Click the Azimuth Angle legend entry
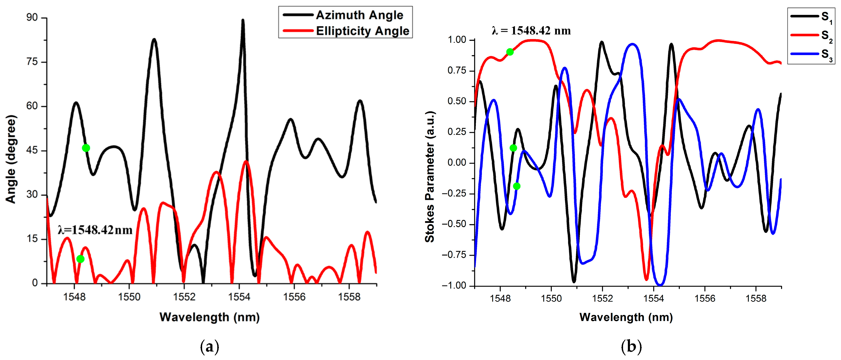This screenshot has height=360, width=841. coord(359,15)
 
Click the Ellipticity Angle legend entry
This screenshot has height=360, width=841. coord(362,31)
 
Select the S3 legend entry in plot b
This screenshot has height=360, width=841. coord(826,54)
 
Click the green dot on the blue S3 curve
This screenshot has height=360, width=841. coord(516,186)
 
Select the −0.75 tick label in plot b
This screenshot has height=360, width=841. coord(454,255)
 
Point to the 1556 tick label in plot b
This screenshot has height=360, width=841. coord(705,298)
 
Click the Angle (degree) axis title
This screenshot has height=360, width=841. coord(11,159)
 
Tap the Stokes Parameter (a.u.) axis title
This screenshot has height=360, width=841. coord(430,177)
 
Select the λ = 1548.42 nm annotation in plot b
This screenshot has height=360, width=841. coord(531,31)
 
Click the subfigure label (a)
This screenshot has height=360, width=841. coord(209,347)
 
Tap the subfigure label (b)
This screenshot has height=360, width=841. coord(631,347)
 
